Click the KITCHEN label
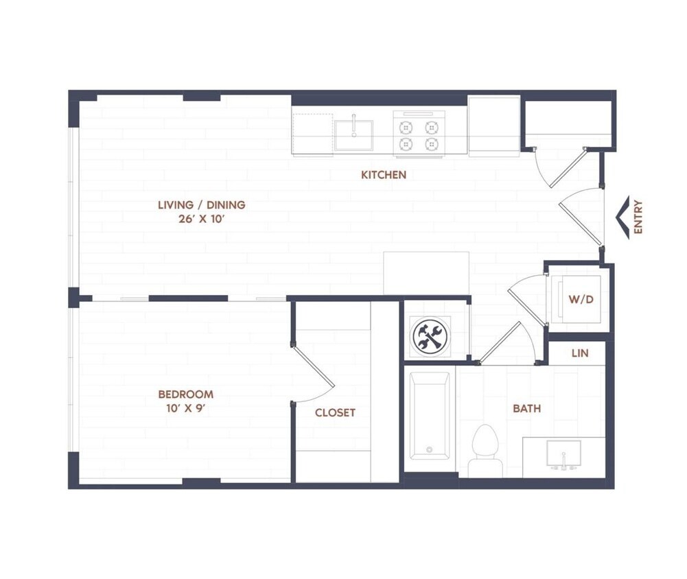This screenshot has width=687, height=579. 384,175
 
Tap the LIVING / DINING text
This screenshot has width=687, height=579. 201,204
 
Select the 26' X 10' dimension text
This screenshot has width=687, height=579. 201,220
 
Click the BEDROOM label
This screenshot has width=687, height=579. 185,394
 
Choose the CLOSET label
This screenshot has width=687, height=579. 335,412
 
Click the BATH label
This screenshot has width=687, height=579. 526,408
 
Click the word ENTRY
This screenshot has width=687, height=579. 638,217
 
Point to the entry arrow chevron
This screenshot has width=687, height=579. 623,217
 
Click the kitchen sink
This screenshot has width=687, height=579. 353,134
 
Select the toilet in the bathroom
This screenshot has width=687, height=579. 485,449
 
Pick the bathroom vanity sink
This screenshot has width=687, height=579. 563,455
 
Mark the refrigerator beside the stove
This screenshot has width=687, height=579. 493,126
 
